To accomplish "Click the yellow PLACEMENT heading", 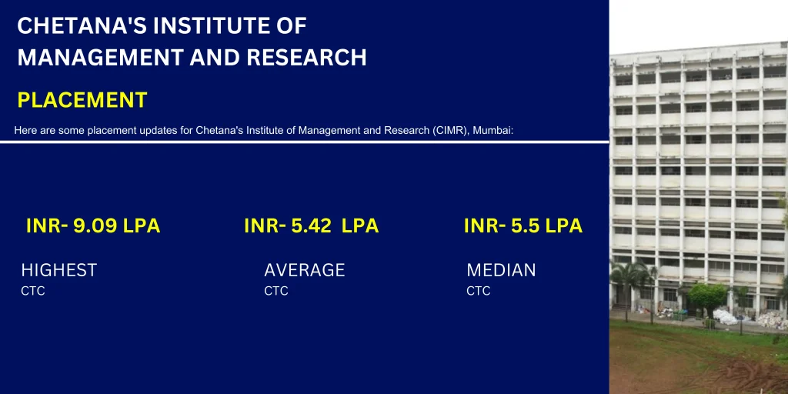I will point(82,100).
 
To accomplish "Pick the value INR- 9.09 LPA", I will point(93,226).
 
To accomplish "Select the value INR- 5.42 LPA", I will point(311,226).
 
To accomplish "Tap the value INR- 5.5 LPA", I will point(523,226).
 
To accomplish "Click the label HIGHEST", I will point(59,270).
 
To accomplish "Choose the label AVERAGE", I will point(305,270).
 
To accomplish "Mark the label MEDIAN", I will point(501,270).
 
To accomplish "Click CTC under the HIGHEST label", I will point(33,291).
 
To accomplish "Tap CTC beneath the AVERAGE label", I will point(276,291).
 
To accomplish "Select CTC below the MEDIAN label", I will point(479,291).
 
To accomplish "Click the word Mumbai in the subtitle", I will point(492,131).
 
